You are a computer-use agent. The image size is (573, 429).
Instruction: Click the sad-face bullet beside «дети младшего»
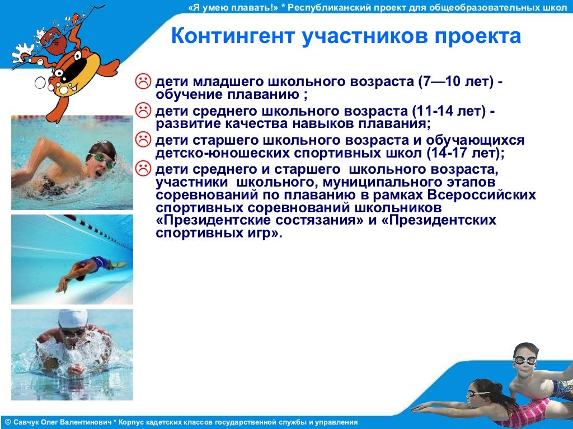point(144,81)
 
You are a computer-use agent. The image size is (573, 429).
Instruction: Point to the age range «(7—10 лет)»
point(454,82)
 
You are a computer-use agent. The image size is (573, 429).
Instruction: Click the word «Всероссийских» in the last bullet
point(482,195)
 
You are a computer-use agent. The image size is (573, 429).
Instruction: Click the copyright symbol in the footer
point(7,422)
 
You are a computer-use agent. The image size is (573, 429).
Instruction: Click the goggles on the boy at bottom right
point(524,360)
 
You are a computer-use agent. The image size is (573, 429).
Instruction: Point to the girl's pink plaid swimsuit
point(523,413)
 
